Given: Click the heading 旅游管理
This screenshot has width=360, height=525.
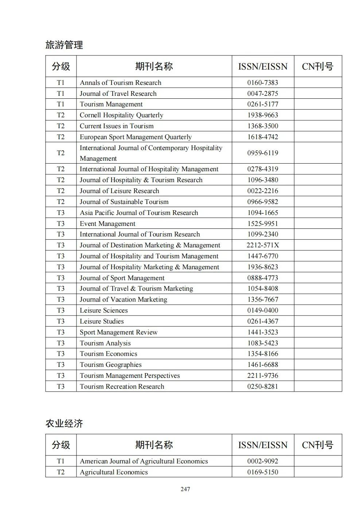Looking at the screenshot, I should (64, 45).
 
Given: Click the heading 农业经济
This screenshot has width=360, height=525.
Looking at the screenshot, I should (64, 423).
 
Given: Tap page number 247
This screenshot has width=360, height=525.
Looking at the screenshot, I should (185, 489).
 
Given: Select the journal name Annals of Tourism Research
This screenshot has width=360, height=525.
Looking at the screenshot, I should (120, 83).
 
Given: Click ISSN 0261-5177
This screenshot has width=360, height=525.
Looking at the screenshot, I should (262, 104).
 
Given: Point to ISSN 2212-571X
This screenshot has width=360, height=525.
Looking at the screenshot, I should (262, 245).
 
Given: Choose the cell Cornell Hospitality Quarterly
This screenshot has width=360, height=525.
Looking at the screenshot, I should (121, 115).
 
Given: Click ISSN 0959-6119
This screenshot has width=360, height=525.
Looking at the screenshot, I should (262, 153).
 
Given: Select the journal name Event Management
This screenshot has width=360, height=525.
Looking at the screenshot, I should (107, 224).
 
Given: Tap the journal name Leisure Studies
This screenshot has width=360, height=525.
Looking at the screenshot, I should (102, 321).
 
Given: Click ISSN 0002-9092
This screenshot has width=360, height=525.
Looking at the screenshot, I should (262, 461).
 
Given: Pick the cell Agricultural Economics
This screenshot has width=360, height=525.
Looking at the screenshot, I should (114, 472).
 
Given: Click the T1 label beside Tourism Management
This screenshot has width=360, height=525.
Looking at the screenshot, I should (60, 104).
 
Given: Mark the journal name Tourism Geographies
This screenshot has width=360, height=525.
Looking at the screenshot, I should (110, 365).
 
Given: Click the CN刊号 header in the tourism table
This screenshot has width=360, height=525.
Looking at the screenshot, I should (317, 66).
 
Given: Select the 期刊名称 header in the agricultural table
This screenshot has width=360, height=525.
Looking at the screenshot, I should (154, 445).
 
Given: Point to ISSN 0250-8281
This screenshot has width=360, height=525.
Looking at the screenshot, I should (262, 387).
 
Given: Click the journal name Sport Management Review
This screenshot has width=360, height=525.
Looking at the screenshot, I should (118, 332).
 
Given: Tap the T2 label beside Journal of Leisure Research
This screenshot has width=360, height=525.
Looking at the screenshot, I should (60, 191).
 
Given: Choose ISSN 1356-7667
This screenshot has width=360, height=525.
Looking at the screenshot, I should (262, 299).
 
